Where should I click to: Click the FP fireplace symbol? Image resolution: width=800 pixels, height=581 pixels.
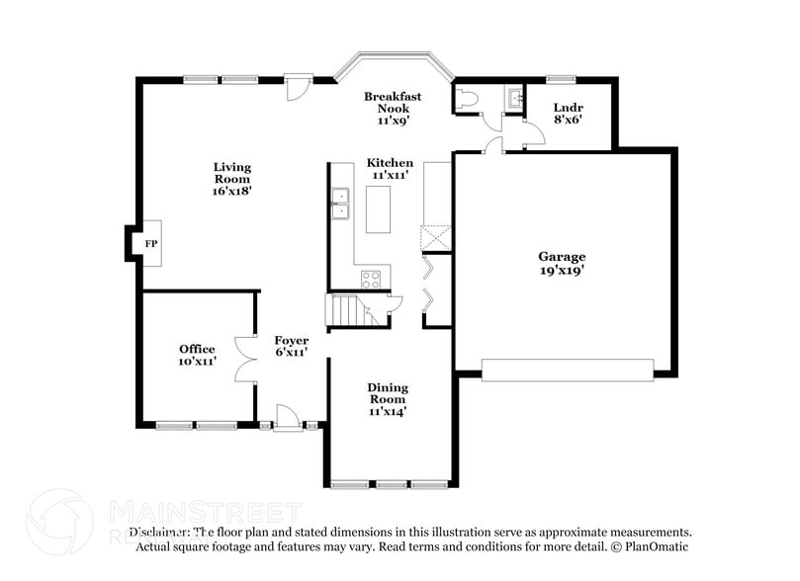(151, 242)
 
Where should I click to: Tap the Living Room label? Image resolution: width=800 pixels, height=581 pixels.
(232, 179)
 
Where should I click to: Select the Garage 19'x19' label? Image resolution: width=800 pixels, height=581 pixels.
(562, 264)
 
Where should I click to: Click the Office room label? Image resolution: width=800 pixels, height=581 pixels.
(197, 356)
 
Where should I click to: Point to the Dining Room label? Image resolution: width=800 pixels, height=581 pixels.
(388, 399)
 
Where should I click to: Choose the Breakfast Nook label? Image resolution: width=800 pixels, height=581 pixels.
(393, 108)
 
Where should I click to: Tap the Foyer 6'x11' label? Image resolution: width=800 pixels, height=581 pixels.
(292, 347)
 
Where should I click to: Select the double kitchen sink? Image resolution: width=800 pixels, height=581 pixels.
(340, 204)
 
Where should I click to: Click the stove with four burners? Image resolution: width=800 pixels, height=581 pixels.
(372, 279)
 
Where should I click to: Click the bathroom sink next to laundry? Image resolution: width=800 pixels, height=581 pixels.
(514, 98)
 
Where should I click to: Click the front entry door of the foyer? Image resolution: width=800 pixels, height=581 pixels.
(288, 419)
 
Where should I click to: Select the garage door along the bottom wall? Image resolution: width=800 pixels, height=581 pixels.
(568, 370)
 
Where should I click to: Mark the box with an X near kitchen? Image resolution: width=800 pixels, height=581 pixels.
(435, 239)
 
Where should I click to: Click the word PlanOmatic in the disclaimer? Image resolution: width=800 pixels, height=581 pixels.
(655, 546)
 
